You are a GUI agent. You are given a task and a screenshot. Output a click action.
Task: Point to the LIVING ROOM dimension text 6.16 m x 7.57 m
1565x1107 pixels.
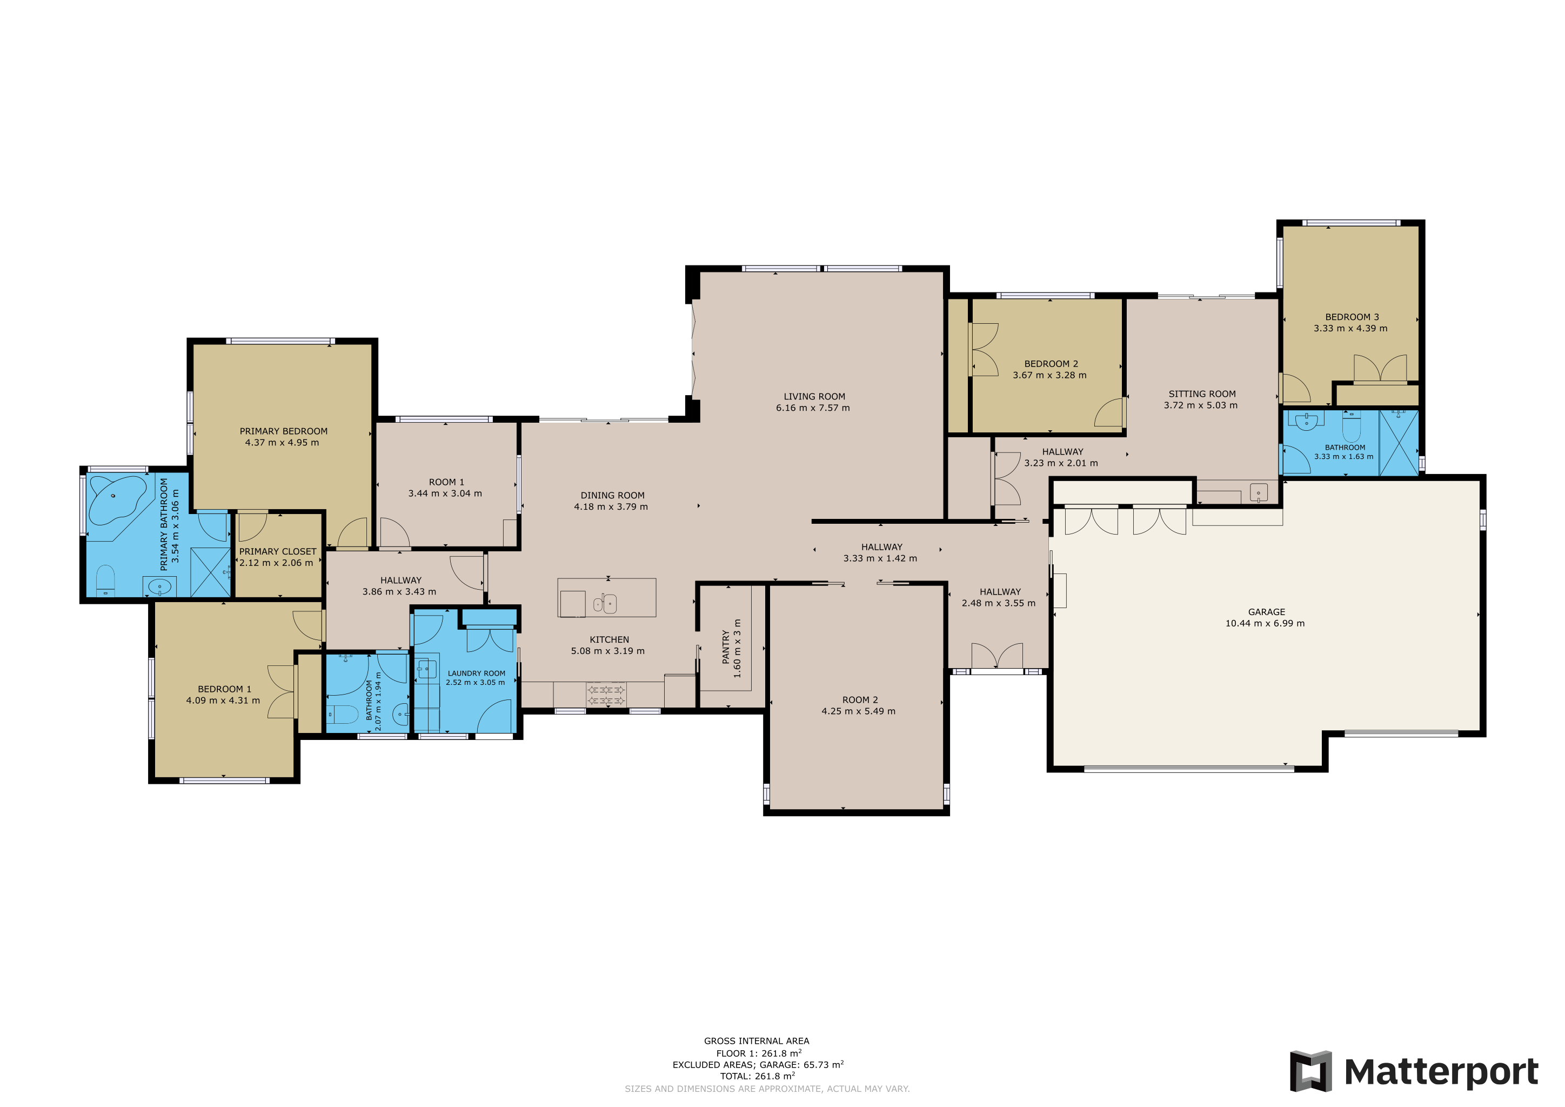tap(812, 408)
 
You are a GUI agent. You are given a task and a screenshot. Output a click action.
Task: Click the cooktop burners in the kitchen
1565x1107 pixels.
tap(606, 695)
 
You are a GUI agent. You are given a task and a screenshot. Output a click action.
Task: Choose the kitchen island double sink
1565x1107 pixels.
tap(605, 603)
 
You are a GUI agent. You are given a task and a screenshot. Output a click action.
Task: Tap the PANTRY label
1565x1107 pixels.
tap(726, 647)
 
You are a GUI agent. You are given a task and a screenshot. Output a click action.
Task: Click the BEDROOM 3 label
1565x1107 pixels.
tap(1352, 317)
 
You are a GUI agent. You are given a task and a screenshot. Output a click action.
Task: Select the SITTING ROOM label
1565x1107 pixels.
tap(1202, 394)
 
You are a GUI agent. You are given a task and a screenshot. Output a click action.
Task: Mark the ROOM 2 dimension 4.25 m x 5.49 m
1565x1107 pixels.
tap(858, 711)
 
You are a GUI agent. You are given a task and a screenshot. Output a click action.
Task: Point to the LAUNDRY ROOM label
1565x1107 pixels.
tap(477, 673)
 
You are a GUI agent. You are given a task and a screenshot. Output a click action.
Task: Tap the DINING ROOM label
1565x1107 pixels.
tap(612, 496)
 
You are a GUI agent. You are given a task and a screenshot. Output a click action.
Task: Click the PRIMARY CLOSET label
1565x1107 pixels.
tap(277, 551)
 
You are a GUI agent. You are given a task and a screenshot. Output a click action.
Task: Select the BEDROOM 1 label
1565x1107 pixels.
tap(224, 689)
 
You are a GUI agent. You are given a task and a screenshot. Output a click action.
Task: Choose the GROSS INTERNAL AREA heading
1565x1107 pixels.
tap(757, 1041)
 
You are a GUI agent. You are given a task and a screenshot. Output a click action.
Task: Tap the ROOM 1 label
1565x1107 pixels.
tap(446, 482)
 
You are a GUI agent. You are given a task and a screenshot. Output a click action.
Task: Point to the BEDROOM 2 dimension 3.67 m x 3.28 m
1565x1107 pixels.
tap(1049, 376)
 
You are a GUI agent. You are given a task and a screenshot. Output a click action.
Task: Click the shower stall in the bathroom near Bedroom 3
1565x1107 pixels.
tap(1399, 442)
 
